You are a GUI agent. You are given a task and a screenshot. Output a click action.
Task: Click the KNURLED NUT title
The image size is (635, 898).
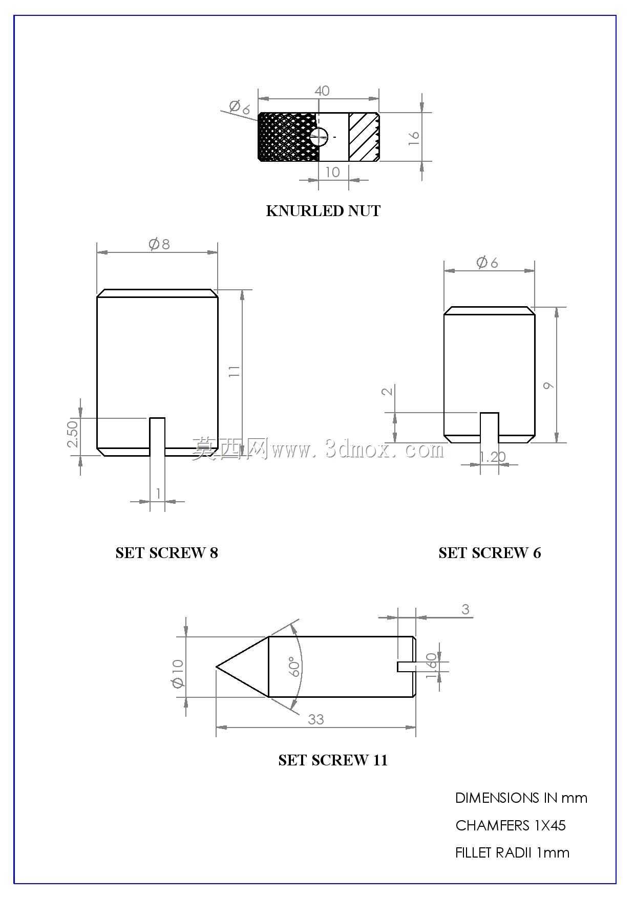coord(323,211)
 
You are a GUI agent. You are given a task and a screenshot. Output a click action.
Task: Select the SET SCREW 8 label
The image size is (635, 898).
coord(166,553)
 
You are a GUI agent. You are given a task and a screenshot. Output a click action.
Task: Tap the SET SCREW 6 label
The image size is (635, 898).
coord(490,553)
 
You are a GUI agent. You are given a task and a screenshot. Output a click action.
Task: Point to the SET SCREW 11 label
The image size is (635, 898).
coord(333,760)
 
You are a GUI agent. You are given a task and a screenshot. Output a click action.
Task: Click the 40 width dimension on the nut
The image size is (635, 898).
coord(322,91)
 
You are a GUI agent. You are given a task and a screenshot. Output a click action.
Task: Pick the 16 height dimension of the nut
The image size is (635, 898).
coord(414,137)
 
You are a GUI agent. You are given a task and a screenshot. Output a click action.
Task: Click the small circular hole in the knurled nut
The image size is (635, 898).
coord(319,137)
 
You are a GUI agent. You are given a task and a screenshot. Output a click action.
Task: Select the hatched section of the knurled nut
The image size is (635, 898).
coord(363,137)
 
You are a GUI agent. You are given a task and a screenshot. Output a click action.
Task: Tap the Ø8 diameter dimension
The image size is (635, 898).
coord(159,244)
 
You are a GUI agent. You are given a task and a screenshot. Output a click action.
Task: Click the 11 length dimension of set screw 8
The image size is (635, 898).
coord(234,371)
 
